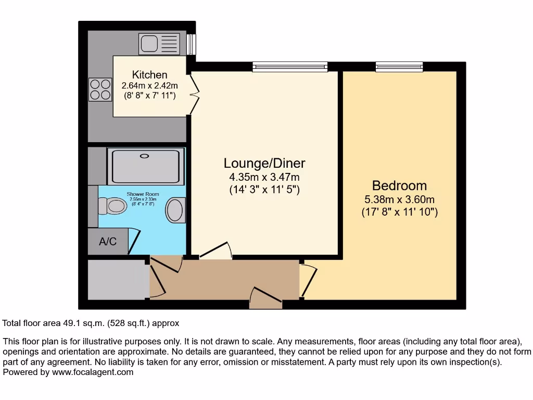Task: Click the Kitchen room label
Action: (x=149, y=74)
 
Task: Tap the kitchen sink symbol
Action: (x=159, y=44)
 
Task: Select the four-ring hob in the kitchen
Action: (x=100, y=89)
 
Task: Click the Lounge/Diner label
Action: (x=264, y=163)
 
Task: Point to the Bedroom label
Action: (x=399, y=185)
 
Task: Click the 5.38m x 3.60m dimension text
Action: (x=399, y=199)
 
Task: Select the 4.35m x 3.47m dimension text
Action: (x=264, y=177)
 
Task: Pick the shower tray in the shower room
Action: (x=145, y=166)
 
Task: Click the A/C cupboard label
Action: (x=108, y=242)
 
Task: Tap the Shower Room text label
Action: (x=143, y=194)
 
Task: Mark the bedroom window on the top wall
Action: (x=399, y=67)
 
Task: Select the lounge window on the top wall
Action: (x=290, y=67)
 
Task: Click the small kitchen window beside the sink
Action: (x=191, y=44)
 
